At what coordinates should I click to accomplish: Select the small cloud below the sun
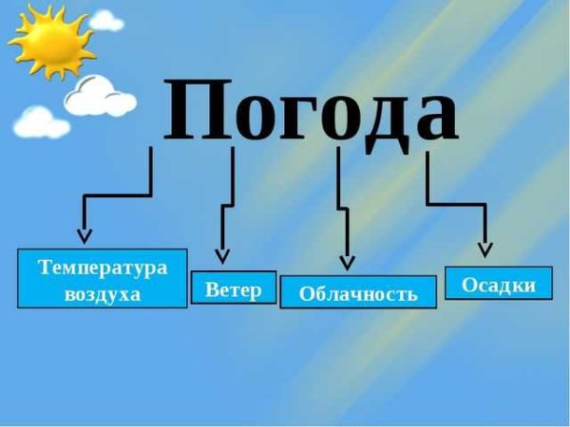[42, 121]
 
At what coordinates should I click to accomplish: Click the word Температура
[103, 268]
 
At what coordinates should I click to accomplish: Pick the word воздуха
[103, 294]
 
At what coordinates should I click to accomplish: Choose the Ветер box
[234, 288]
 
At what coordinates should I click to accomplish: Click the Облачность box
[358, 293]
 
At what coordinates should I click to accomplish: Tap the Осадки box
[499, 284]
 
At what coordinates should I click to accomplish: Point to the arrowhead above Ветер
[222, 254]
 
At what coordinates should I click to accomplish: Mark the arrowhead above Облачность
[347, 261]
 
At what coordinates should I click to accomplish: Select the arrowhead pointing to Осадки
[485, 250]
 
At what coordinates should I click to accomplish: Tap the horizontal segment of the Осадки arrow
[456, 205]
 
